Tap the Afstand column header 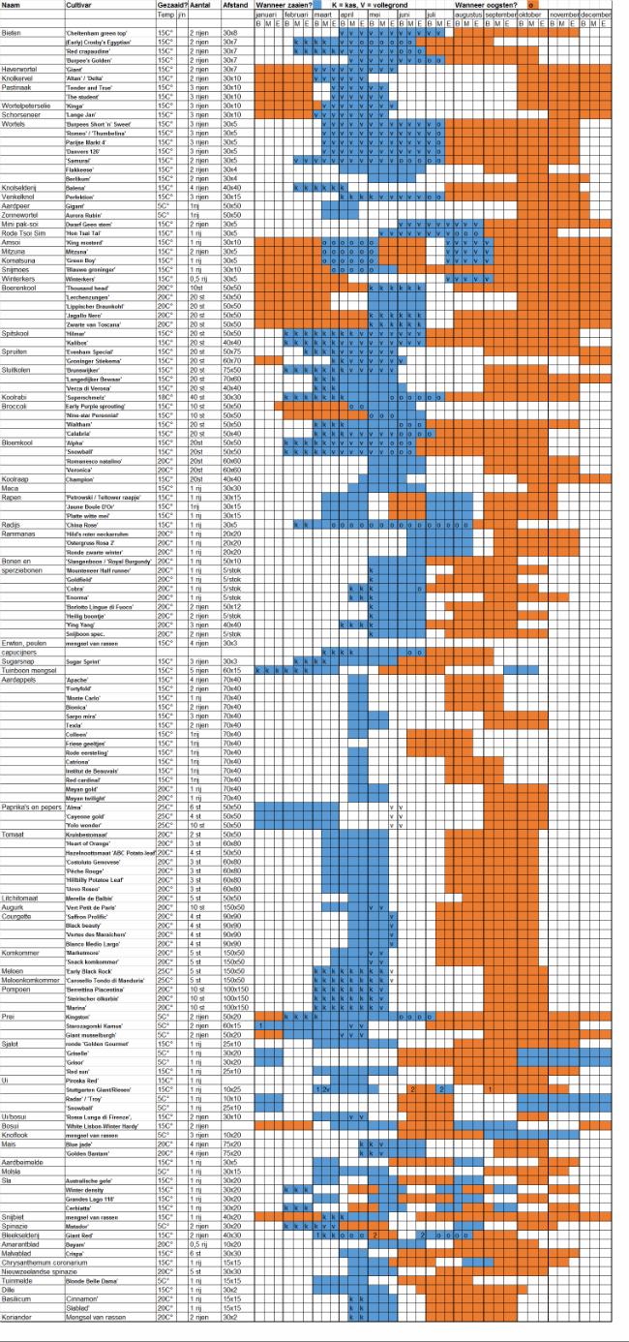tap(233, 6)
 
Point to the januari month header tap(266, 16)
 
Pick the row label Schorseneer tap(21, 115)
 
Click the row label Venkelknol tap(20, 197)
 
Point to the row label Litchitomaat tap(20, 899)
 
